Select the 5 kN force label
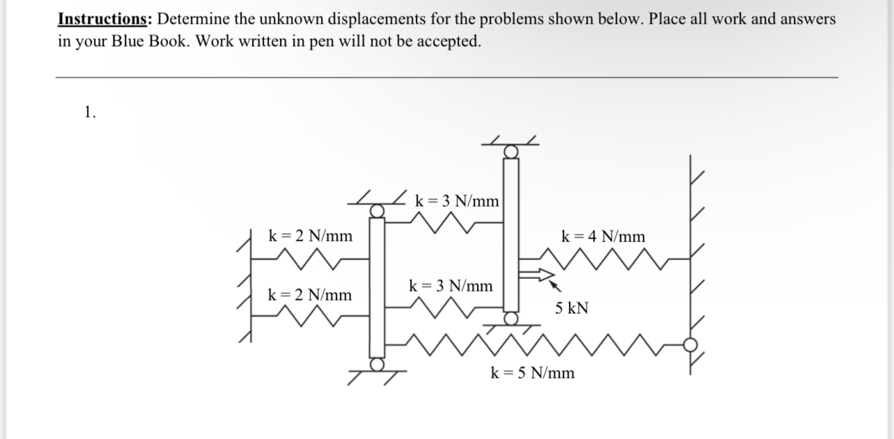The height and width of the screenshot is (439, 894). pos(572,308)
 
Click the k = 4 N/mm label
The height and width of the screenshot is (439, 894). pos(603,237)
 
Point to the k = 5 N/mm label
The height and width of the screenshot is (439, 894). pos(533,373)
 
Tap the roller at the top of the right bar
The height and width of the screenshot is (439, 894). pos(511,152)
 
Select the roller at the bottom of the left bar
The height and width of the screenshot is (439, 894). pos(377,364)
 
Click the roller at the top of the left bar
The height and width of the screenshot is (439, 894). pos(377,209)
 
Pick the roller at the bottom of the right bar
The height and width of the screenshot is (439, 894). pos(511,318)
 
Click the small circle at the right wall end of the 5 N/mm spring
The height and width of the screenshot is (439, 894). pos(691,344)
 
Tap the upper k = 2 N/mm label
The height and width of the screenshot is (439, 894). pos(310,237)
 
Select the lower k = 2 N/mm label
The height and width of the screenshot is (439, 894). pos(310,295)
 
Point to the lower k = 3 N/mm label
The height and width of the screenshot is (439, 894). pos(451,285)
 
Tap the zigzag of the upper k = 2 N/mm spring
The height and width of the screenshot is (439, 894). pos(306,259)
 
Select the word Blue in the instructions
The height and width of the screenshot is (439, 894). pos(130,41)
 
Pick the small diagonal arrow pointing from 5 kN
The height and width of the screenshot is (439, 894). pos(556,285)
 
